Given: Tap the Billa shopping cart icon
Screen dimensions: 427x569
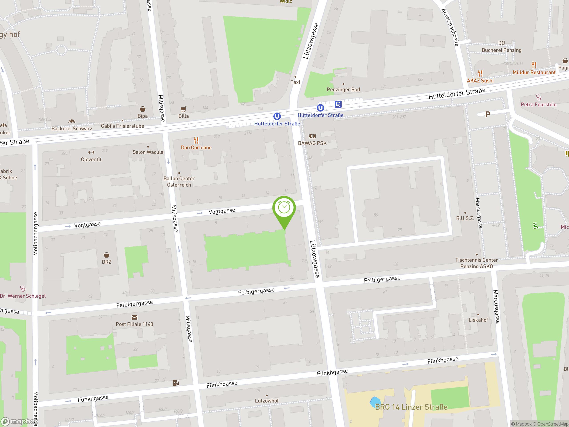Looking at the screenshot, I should pyautogui.click(x=183, y=109).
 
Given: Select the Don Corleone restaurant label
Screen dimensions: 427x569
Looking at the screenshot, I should pyautogui.click(x=196, y=147).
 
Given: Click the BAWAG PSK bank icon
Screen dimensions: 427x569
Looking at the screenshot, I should pyautogui.click(x=312, y=136).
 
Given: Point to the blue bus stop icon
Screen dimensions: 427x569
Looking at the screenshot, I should pyautogui.click(x=338, y=104).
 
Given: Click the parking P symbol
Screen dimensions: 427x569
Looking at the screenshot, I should pyautogui.click(x=487, y=114).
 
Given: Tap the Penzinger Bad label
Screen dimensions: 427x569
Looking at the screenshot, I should pyautogui.click(x=343, y=90).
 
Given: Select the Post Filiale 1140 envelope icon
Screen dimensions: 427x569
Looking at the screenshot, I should pyautogui.click(x=134, y=317).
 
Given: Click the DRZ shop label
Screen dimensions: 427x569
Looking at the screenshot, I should pyautogui.click(x=106, y=262).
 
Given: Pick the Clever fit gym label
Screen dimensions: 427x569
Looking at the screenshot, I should pyautogui.click(x=91, y=159).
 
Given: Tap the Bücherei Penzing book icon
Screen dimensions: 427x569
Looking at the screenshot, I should pyautogui.click(x=501, y=43).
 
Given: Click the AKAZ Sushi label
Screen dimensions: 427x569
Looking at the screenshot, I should pyautogui.click(x=480, y=81).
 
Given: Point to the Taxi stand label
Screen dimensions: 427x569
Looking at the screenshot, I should pyautogui.click(x=295, y=82).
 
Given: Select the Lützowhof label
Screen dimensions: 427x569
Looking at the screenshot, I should pyautogui.click(x=266, y=401).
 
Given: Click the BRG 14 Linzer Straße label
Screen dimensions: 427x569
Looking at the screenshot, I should pyautogui.click(x=411, y=407).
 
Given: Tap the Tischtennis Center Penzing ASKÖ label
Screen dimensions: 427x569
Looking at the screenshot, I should pyautogui.click(x=476, y=263).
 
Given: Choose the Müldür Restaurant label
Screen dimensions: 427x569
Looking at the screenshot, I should pyautogui.click(x=534, y=72).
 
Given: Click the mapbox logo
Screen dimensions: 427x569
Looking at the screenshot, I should pyautogui.click(x=19, y=421).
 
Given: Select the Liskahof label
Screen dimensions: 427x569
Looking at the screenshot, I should pyautogui.click(x=478, y=320).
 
